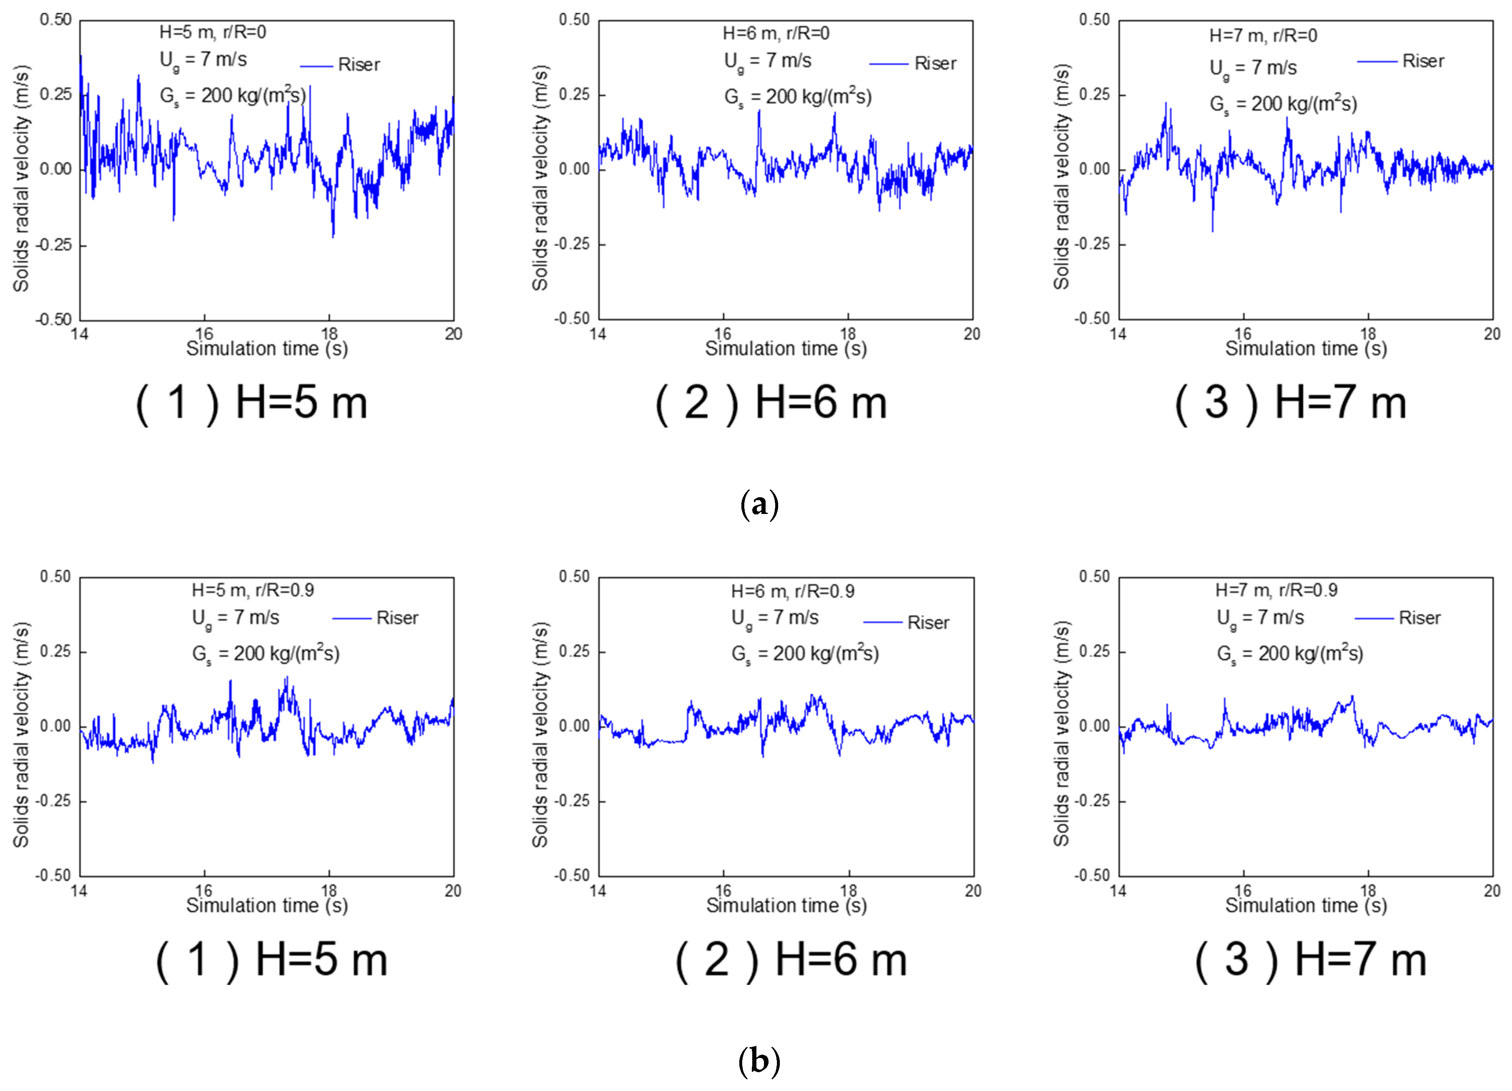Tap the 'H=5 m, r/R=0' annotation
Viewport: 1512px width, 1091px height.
click(213, 32)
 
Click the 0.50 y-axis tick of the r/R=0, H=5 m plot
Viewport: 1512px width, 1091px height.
click(55, 20)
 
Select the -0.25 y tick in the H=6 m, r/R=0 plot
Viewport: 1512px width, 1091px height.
click(572, 244)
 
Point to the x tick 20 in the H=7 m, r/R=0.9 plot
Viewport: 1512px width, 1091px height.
click(1492, 891)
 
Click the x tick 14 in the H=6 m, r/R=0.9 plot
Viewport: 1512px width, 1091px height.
click(598, 891)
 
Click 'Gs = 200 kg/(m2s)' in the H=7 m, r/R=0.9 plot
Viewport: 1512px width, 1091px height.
click(1289, 654)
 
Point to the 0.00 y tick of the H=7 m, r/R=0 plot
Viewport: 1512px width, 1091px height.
click(1094, 169)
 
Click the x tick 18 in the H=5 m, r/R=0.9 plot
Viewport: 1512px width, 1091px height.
click(329, 891)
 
